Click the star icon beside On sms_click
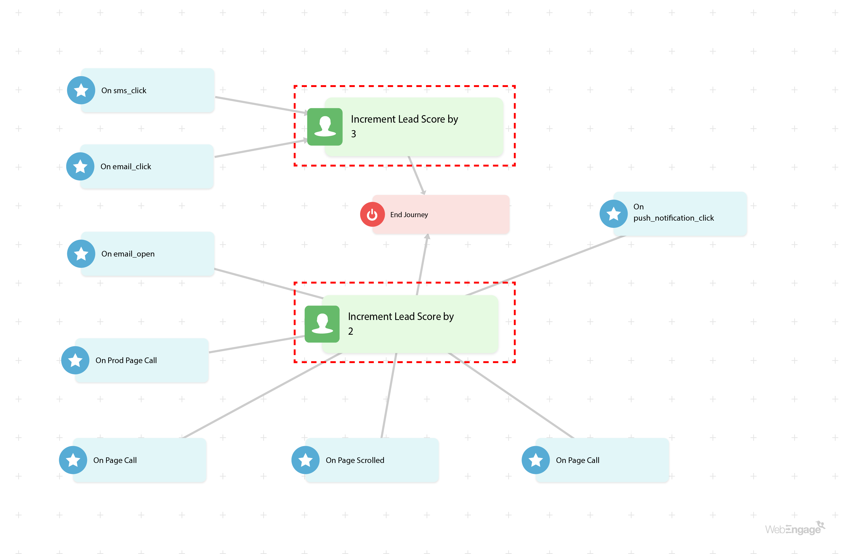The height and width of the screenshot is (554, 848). (81, 90)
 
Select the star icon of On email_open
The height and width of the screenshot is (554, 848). (81, 254)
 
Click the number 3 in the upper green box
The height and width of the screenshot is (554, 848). (353, 134)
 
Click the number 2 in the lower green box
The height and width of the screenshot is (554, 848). (350, 331)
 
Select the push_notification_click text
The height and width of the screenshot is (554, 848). (673, 218)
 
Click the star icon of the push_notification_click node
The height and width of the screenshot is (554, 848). (613, 214)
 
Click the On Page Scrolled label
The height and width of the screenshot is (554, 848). (355, 460)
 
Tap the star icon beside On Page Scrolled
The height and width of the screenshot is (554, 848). (305, 460)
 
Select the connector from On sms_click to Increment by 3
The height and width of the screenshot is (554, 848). (260, 105)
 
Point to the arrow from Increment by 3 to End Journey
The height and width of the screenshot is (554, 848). (416, 175)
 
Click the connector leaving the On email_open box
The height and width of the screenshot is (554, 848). (267, 284)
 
